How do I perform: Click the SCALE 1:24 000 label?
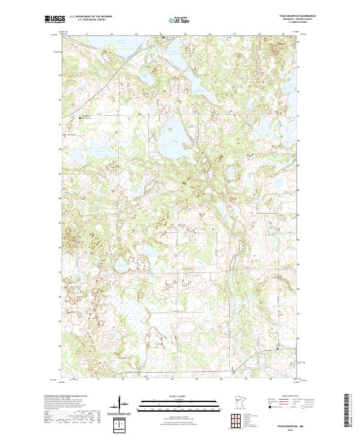pos(179,395)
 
